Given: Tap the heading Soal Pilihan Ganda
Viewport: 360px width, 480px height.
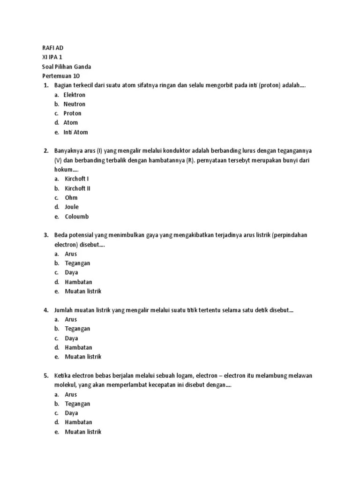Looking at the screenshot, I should point(67,67).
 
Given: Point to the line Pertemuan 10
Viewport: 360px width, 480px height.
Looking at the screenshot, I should point(61,76).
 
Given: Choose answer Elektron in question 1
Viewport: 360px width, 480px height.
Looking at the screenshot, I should point(75,95).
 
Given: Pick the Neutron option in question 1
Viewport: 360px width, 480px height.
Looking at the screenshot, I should point(75,104).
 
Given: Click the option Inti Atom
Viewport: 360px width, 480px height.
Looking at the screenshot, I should point(75,132).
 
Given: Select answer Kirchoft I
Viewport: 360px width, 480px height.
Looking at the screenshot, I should point(77,179).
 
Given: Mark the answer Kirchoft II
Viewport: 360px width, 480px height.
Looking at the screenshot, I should point(78,188).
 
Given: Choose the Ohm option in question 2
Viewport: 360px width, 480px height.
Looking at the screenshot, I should point(71,198).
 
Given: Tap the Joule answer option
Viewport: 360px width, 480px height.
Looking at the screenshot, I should point(72,207).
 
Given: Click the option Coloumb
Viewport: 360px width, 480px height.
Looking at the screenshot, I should point(76,217).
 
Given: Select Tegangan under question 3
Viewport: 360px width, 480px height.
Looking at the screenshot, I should point(77,263).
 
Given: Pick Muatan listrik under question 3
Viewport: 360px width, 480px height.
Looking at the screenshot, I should point(83,291).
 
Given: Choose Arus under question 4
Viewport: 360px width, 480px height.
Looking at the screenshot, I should point(71,319).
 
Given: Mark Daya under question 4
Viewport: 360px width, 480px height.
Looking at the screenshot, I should point(71,338).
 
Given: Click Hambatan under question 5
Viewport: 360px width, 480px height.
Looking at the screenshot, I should point(78,422).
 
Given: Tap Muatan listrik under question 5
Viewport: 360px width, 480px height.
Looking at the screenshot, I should point(83,432).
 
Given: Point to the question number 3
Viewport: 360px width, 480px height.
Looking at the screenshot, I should point(46,235).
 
